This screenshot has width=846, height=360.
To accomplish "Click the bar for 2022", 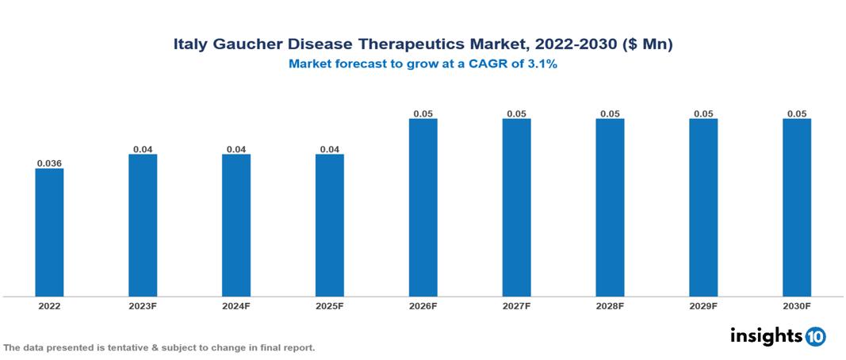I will pos(49,232).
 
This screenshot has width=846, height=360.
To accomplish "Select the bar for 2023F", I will pos(143,224).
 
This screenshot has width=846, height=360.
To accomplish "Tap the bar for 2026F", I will pos(423,207).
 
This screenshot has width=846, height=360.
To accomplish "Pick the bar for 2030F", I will pos(797,207).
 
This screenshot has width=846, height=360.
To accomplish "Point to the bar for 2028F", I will pos(610,207).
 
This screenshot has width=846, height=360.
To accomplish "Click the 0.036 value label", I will pos(49,163).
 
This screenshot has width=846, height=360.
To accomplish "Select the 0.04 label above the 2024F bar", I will pos(236,149).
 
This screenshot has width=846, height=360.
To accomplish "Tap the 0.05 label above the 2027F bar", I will pos(516,114).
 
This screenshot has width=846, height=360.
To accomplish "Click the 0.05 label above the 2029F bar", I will pos(703,114).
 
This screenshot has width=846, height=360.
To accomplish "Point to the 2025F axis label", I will pos(330,306).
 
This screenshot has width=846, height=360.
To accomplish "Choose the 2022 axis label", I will pos(49,306).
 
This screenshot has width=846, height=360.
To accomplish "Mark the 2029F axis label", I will pos(703,306).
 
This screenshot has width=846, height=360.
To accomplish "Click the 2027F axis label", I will pos(516,306).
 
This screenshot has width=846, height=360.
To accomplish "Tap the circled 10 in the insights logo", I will pos(815,336).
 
